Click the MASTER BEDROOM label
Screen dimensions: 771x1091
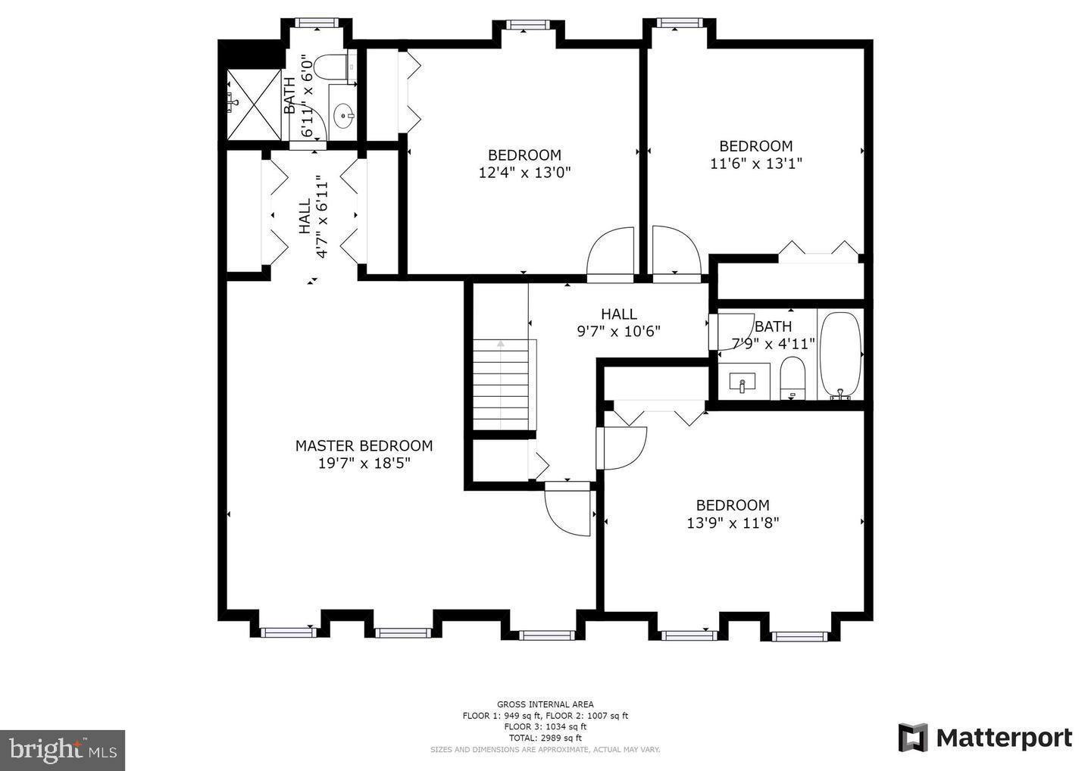(364, 446)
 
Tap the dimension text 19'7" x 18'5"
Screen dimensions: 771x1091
(364, 464)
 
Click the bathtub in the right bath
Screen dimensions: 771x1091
(839, 354)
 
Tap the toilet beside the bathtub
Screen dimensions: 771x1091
(792, 378)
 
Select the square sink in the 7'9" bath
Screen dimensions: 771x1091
(742, 383)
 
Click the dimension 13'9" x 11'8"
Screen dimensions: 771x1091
(733, 523)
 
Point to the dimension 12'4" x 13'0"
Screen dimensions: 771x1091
(524, 172)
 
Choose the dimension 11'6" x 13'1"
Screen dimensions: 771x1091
(755, 163)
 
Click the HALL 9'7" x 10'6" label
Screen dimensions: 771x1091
(619, 322)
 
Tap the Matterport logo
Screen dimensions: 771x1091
(985, 737)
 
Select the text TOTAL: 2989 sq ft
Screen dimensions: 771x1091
(545, 738)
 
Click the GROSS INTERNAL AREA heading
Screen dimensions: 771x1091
(545, 704)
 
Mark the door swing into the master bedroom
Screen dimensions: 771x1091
(568, 509)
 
